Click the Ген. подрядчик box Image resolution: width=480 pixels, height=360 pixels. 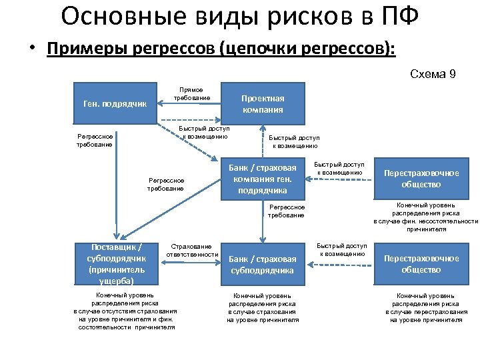coord(114,103)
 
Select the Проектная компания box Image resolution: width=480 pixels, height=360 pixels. coord(263,103)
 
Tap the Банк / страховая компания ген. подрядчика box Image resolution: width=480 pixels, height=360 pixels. coord(263,178)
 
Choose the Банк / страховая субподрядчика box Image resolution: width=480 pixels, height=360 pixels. coord(263,264)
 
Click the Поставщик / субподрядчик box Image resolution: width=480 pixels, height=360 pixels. coord(115,263)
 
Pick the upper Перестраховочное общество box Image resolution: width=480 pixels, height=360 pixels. coord(421,178)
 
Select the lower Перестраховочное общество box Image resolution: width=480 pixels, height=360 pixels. coord(421,264)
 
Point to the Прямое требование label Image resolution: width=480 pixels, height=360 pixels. coord(192,94)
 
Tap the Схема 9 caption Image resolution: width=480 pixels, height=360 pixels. coord(433,74)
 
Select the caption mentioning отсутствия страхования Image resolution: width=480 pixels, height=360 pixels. coord(125,311)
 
